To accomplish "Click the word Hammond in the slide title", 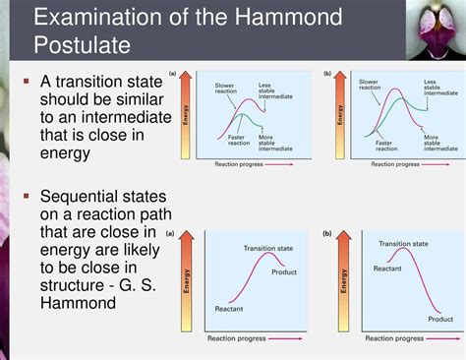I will click(299, 18).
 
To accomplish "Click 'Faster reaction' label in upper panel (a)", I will click(237, 141).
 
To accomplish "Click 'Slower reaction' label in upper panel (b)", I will click(369, 86).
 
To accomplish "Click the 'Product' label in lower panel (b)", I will click(440, 319).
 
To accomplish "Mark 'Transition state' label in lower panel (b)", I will click(403, 243).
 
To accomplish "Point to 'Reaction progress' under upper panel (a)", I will click(239, 164).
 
